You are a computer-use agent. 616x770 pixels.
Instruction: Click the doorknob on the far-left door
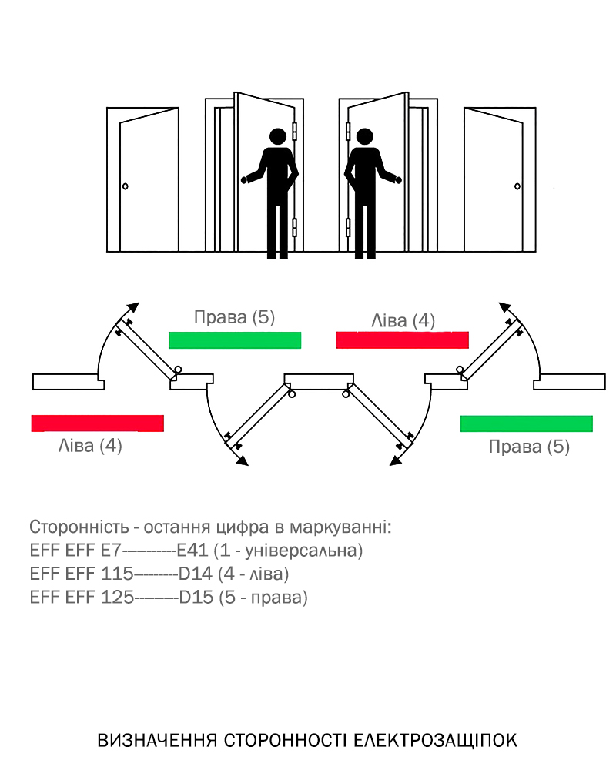pos(126,186)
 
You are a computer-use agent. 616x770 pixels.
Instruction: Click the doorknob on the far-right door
pos(517,186)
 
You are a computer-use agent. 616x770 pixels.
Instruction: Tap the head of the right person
pos(363,137)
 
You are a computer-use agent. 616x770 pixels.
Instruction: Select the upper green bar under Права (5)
pos(235,340)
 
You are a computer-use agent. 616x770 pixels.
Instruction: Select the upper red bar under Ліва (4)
pos(402,340)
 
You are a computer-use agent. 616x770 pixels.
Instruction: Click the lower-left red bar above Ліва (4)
pos(98,423)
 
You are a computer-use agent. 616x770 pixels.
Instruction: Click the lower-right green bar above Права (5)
pos(527,423)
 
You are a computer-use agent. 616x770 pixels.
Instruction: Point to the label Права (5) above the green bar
pos(234,317)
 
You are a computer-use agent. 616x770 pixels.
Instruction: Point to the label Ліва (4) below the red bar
pos(90,445)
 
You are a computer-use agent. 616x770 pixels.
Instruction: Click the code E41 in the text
pos(192,551)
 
